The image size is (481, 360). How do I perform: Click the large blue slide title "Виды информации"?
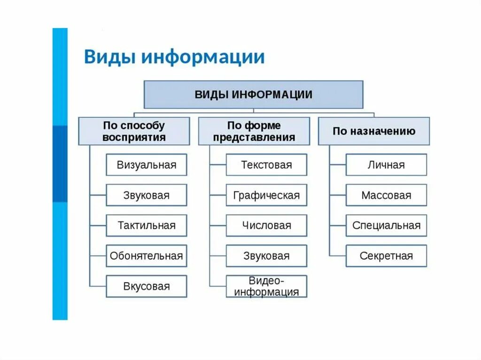[174, 57]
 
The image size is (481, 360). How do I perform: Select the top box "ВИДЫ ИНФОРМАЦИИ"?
[253, 94]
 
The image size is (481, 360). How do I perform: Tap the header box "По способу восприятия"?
[134, 131]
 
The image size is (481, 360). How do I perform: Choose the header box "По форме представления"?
[254, 131]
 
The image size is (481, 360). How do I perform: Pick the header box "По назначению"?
[374, 131]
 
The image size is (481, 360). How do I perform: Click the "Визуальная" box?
[147, 165]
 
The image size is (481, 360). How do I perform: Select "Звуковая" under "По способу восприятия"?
[147, 195]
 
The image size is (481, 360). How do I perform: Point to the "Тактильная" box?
[147, 225]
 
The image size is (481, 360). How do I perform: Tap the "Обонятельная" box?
[147, 256]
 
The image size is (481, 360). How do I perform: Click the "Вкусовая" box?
[147, 286]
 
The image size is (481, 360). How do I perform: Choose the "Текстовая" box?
[266, 165]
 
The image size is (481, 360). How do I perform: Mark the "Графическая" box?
[266, 195]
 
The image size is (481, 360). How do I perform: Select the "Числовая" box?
[266, 225]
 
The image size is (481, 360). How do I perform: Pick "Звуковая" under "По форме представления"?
[266, 256]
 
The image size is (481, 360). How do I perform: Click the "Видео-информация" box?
[266, 286]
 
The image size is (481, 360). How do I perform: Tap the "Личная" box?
[386, 165]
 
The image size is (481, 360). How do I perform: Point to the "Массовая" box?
[386, 195]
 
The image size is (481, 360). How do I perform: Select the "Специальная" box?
[386, 225]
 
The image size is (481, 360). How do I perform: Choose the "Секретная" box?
[386, 256]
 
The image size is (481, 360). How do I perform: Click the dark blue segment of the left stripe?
[60, 164]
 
